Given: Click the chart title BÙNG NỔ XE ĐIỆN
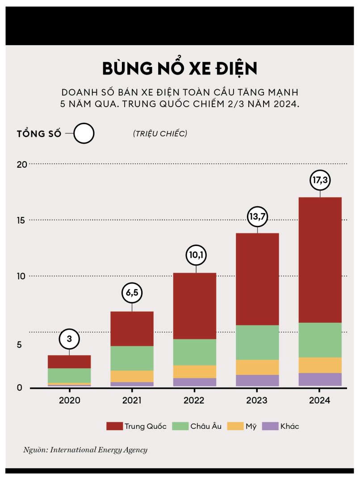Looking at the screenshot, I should (180, 68).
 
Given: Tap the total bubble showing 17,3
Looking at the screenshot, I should (320, 181).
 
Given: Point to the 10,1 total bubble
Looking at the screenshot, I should (196, 256).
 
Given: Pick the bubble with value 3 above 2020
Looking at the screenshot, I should (69, 339).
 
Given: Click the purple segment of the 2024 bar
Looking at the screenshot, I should (320, 379).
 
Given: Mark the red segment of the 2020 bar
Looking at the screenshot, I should (69, 361).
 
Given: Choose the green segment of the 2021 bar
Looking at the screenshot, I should (132, 358).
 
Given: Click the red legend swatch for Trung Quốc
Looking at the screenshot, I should (114, 426).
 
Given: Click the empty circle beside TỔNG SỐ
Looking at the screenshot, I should (84, 133).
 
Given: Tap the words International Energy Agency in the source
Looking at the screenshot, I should (99, 450).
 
